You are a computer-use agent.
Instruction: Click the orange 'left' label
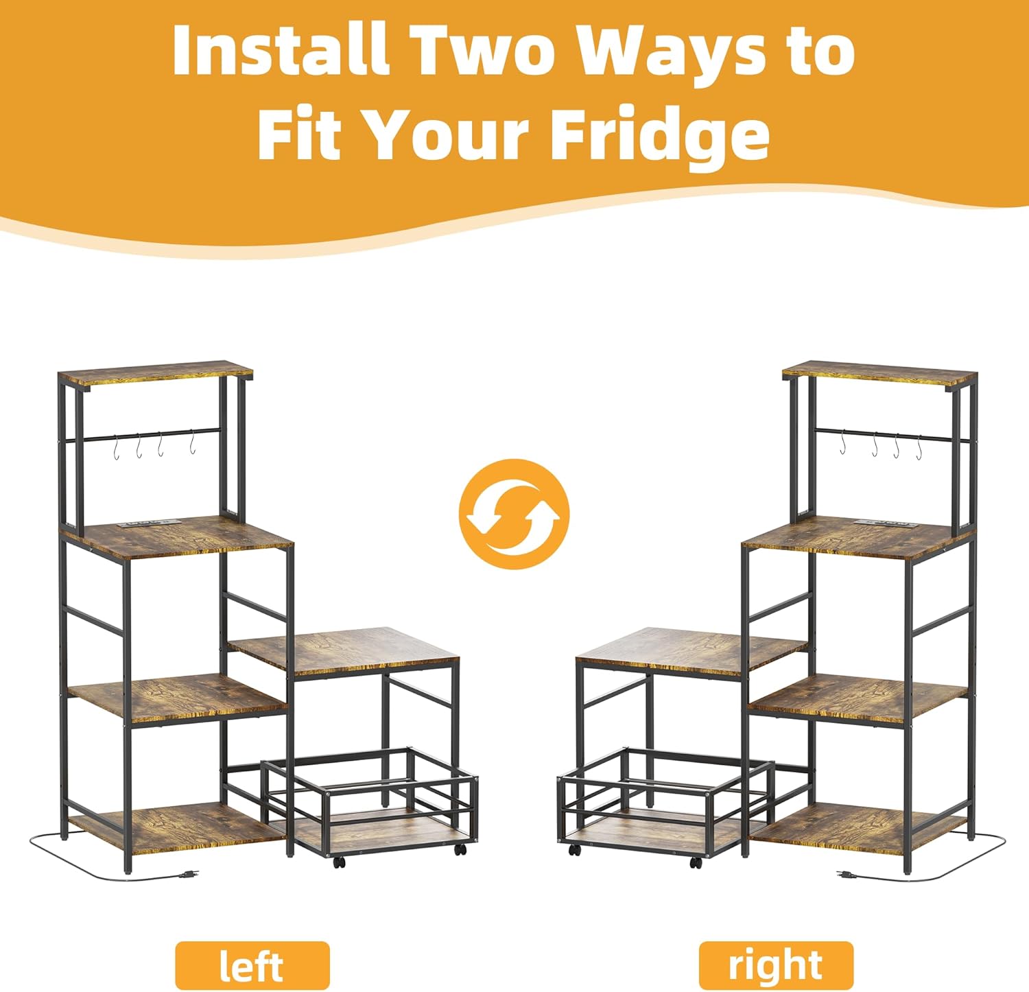252,965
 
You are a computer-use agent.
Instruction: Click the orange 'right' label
775,965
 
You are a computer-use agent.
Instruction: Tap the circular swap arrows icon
514,514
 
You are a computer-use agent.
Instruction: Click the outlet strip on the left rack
150,525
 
